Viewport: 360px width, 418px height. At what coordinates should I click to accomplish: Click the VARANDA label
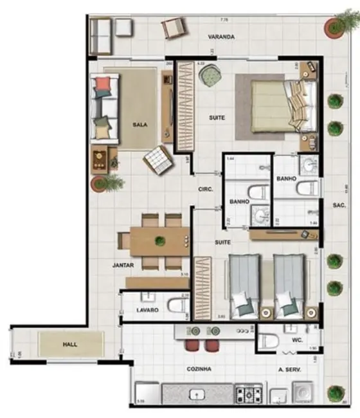point(221,37)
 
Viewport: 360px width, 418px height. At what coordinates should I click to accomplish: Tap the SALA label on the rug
point(138,125)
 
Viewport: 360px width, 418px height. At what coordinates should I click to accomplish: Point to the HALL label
point(70,345)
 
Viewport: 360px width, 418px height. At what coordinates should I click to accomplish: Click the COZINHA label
point(199,369)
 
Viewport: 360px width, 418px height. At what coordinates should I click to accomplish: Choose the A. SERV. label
point(290,369)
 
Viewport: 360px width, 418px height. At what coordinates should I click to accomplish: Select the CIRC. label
point(205,190)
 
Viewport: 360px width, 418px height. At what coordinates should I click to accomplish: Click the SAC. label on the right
point(340,206)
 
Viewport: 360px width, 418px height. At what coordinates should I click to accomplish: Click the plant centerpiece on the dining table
point(159,241)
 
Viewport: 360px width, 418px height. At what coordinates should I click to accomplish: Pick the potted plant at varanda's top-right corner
point(334,26)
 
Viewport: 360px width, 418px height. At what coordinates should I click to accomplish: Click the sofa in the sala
point(105,108)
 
